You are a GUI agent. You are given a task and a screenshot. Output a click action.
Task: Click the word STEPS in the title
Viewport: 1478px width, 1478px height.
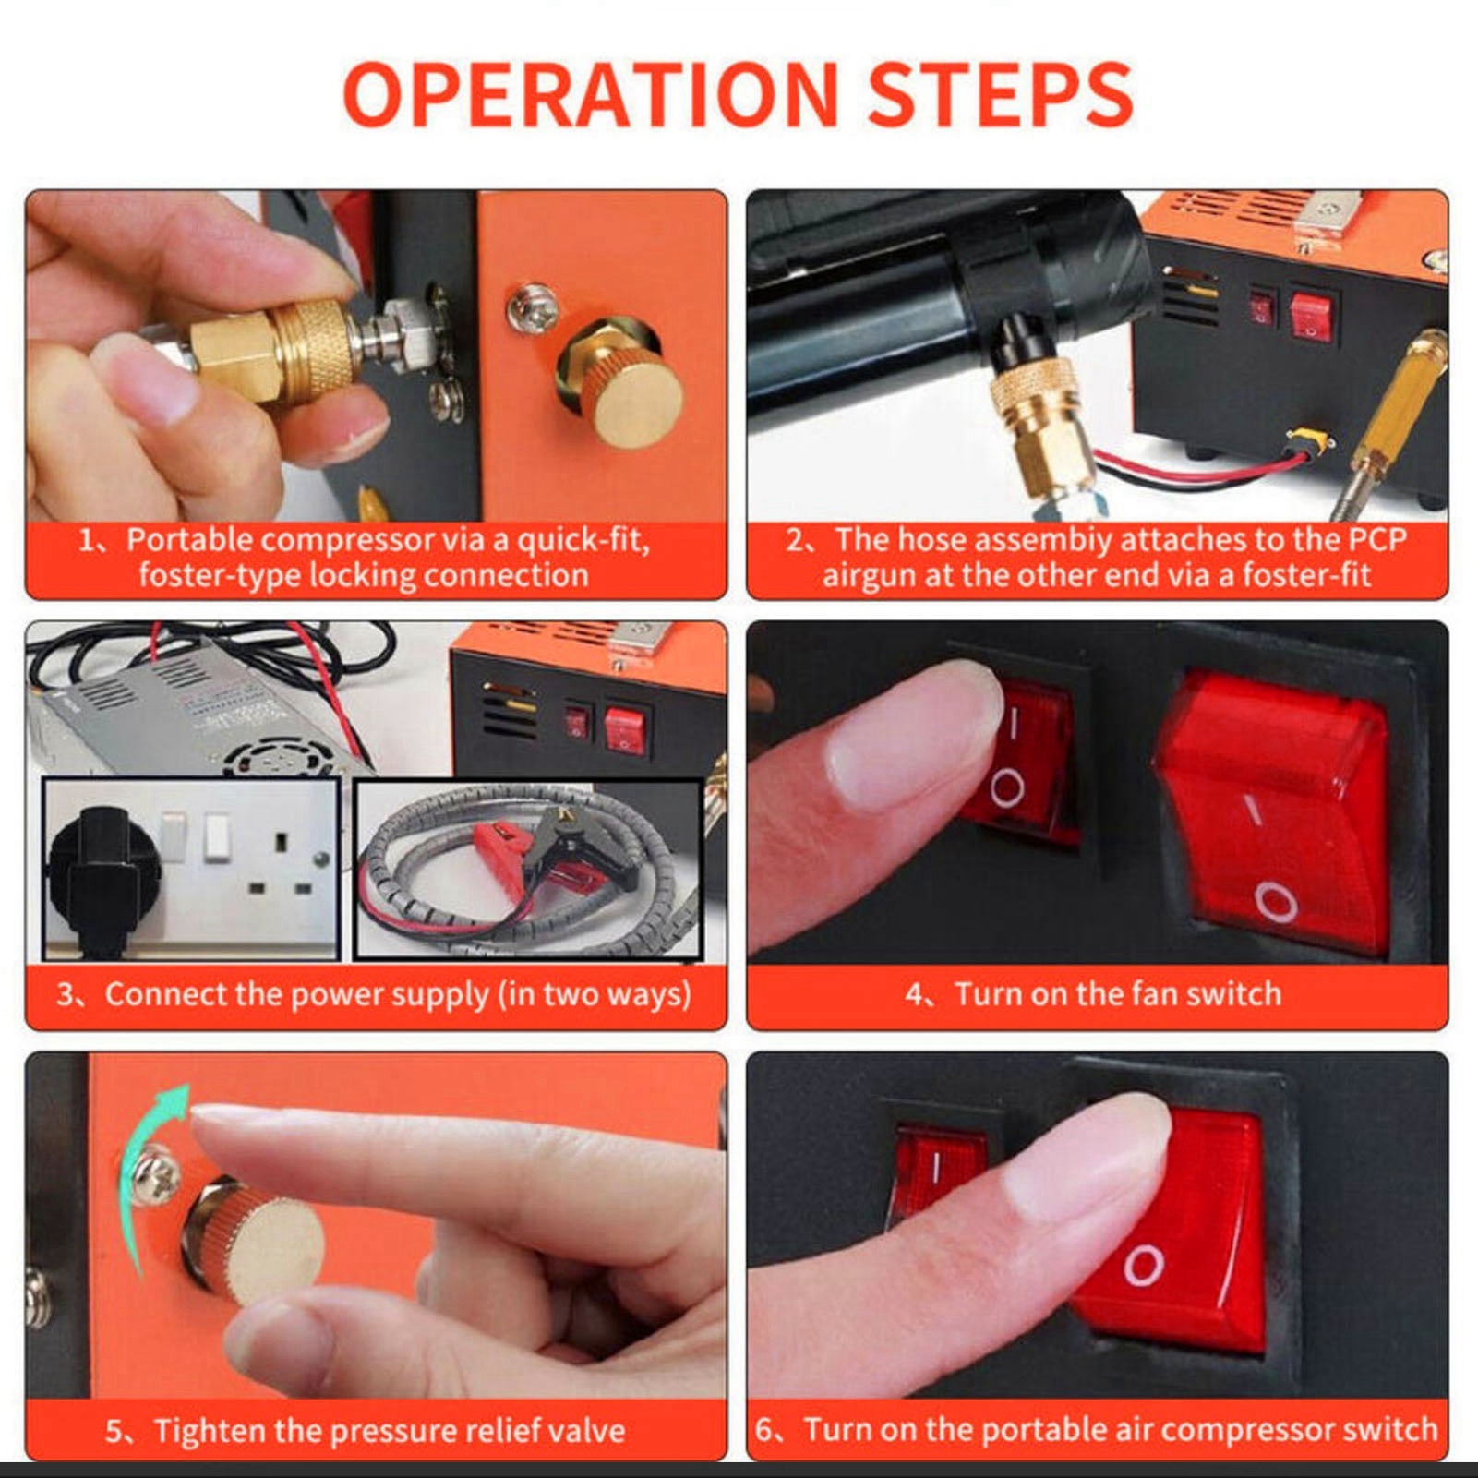[1001, 94]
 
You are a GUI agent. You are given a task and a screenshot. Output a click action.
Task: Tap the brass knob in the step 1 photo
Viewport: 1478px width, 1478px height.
[619, 382]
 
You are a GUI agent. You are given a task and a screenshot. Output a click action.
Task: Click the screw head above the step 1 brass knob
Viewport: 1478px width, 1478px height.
[533, 307]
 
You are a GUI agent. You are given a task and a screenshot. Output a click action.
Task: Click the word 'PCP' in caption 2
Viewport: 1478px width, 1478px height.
[1377, 539]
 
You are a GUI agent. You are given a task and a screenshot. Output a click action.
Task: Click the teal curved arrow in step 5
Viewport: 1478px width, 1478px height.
[148, 1172]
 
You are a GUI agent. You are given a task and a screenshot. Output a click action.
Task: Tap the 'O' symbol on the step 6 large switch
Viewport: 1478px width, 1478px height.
[1143, 1265]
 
